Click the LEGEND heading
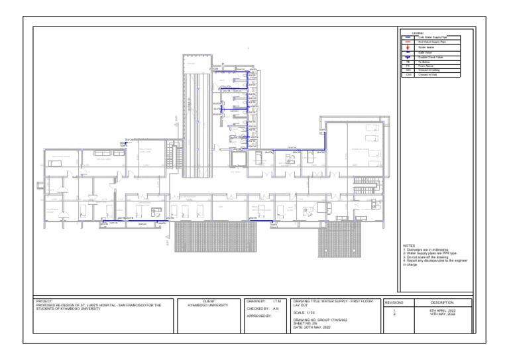[418, 32]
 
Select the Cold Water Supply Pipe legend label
[431, 37]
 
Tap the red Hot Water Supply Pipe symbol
[408, 42]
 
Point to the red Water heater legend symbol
[408, 48]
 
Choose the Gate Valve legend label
[425, 53]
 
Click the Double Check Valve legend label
[430, 58]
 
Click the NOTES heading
[409, 246]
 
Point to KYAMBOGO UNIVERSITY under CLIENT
[208, 306]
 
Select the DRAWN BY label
[256, 302]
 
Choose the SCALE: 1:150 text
[306, 312]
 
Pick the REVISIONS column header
[398, 302]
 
